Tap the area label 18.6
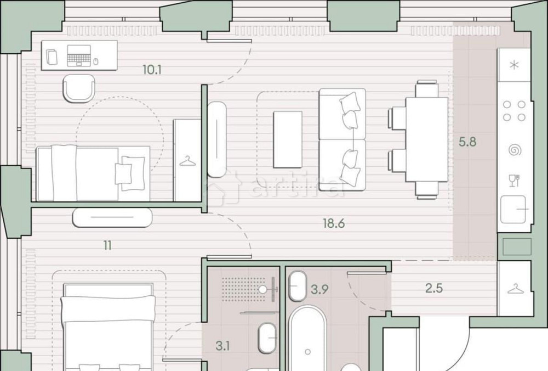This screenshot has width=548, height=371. point(336,223)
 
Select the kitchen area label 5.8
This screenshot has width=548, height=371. point(467,142)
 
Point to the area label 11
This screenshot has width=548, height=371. point(107,245)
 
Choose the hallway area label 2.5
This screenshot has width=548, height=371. point(433,288)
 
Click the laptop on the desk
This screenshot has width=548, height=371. point(78,55)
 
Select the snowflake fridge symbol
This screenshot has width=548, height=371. point(513,65)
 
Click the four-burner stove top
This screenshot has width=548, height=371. point(513,110)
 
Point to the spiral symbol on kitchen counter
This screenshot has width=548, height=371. point(514,149)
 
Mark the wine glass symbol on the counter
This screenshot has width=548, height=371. point(513,179)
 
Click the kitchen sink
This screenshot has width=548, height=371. point(513,209)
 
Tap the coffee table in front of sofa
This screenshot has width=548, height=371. point(288,139)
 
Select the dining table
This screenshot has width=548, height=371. point(426,140)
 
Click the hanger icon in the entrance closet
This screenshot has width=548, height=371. point(514,289)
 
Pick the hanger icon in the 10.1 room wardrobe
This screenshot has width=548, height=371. point(187,160)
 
